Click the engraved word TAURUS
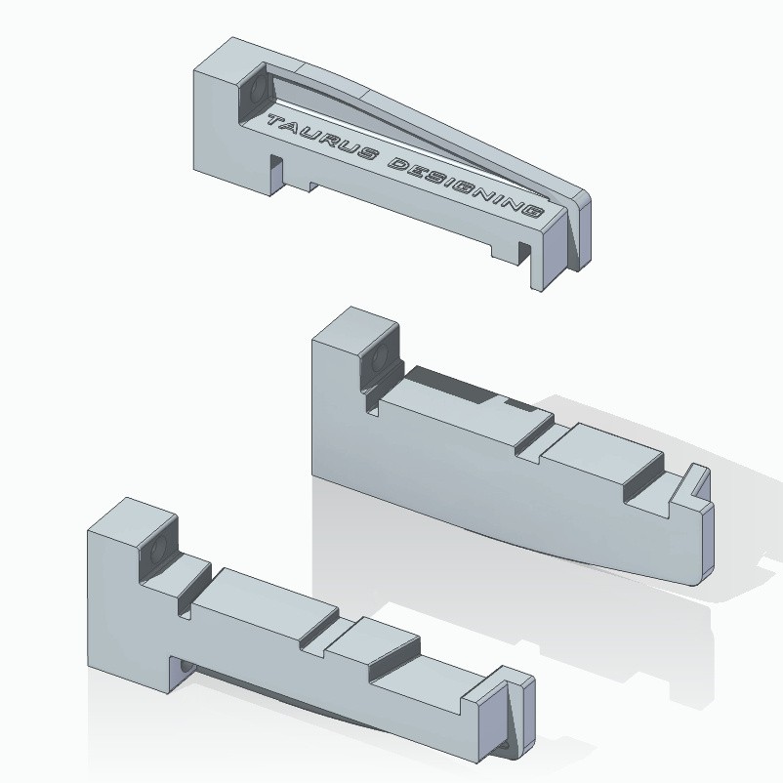[x=319, y=139]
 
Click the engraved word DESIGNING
[x=466, y=188]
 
